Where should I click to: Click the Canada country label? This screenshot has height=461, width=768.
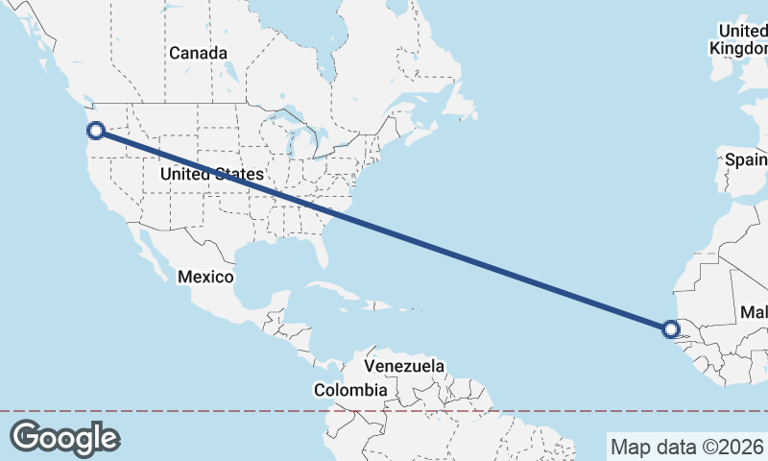click(199, 53)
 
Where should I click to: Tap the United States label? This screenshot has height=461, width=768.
click(211, 174)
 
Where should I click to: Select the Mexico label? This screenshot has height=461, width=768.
click(205, 277)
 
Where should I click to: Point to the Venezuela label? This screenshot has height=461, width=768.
click(404, 366)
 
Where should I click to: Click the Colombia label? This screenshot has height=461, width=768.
click(350, 390)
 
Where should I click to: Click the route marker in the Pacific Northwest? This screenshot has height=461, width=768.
click(96, 131)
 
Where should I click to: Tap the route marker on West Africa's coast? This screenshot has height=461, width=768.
click(671, 330)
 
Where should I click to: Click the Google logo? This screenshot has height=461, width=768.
click(64, 437)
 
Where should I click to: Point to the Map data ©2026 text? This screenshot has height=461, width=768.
click(687, 447)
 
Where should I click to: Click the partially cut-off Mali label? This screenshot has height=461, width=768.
click(754, 313)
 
